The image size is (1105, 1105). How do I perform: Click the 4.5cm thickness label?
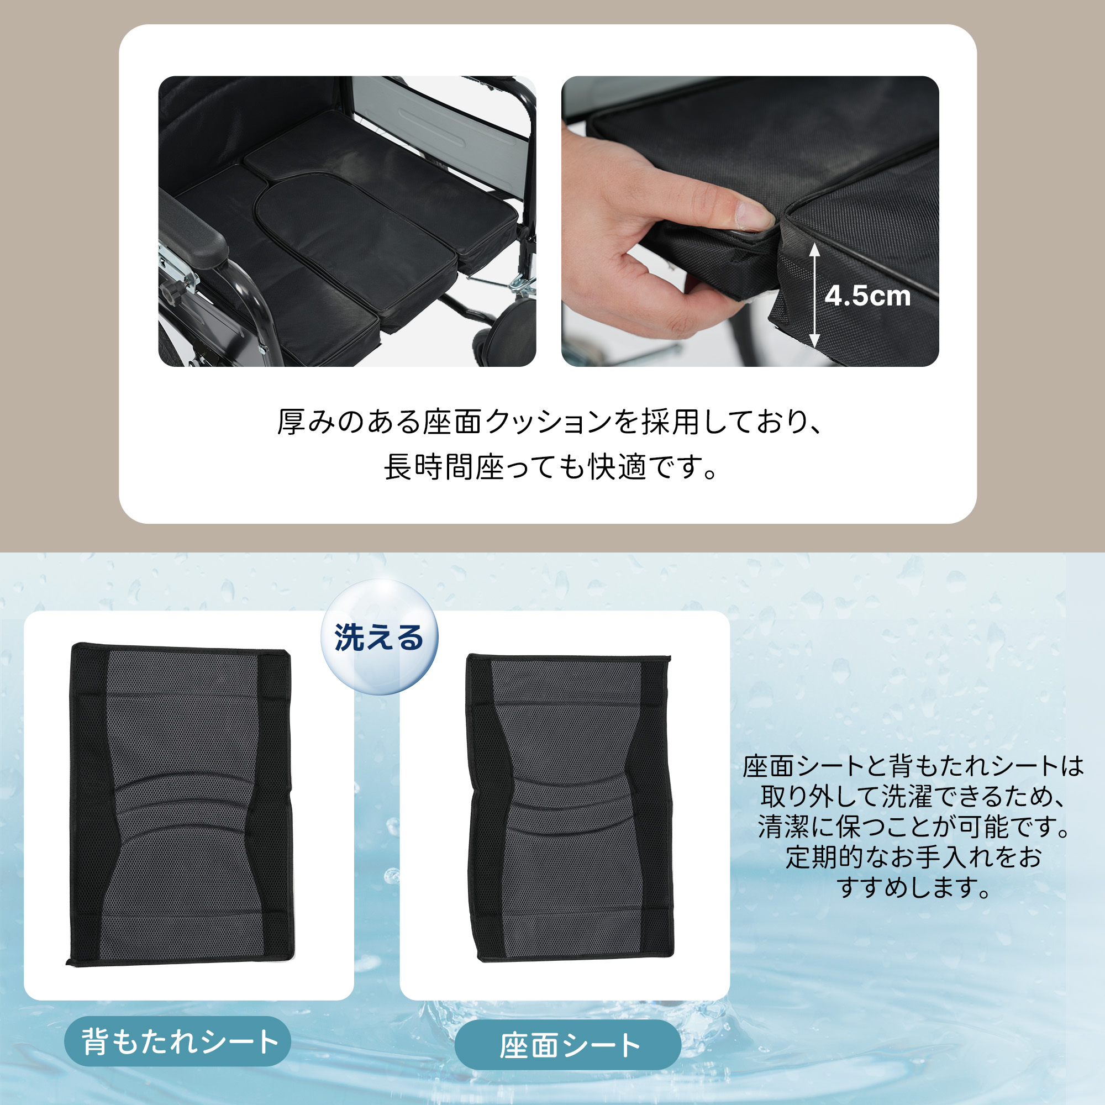(867, 296)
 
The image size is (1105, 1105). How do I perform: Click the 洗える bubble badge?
(379, 637)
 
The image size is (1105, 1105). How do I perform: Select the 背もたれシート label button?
(177, 1041)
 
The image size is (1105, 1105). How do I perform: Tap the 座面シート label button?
(568, 1045)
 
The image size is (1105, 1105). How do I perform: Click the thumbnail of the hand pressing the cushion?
(750, 222)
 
